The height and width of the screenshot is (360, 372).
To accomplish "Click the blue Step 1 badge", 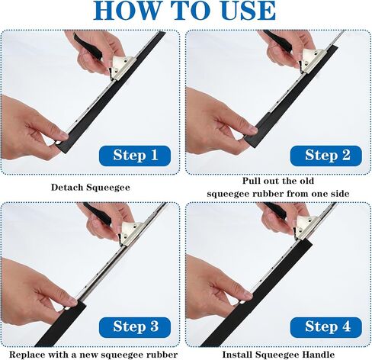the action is [135, 156].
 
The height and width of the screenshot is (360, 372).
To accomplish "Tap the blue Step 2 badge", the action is [326, 156].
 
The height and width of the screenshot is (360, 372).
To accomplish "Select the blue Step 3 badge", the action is [135, 327].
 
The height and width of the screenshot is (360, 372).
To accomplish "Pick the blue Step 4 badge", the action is [326, 327].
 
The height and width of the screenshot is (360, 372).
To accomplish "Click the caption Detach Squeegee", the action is [91, 188].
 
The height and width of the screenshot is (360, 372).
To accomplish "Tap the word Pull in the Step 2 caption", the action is [252, 181].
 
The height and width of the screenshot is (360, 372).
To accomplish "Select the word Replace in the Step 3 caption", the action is [27, 355].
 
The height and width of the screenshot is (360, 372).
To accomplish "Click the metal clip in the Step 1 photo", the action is [123, 66].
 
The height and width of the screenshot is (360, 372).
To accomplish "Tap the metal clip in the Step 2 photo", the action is [311, 60].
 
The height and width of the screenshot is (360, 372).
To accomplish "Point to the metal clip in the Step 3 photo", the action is [131, 232].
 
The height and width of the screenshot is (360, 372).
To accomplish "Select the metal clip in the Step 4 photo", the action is [306, 227].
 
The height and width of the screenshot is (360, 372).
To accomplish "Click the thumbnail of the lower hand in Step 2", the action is [253, 130].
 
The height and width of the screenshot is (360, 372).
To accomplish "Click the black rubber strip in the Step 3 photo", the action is [61, 323].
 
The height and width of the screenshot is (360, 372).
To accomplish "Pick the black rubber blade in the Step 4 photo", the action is [257, 292].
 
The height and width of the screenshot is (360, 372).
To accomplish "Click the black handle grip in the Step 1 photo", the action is [87, 45].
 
